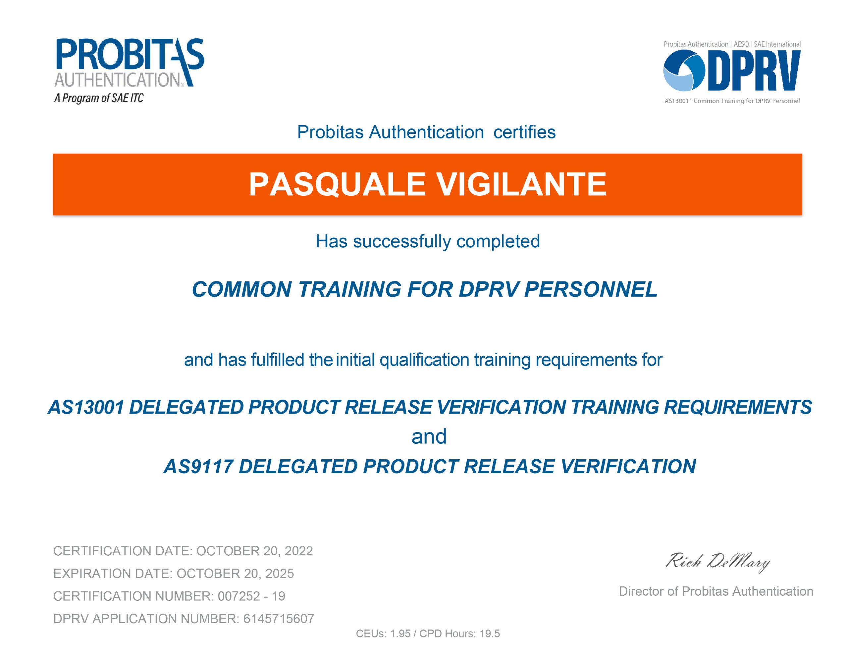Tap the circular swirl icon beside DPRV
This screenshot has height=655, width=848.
tap(684, 71)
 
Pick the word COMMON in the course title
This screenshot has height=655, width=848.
tap(241, 289)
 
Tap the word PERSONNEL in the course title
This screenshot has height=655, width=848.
tap(591, 289)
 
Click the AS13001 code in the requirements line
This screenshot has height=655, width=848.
tap(85, 407)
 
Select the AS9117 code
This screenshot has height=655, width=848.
tap(198, 466)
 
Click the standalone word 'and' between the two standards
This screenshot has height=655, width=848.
tap(429, 436)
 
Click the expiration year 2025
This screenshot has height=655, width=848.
tap(280, 574)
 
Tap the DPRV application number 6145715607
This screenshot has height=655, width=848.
tap(279, 619)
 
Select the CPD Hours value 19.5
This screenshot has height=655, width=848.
tap(490, 634)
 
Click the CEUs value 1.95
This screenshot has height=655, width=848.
tap(400, 634)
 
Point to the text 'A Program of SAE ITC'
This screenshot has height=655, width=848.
tap(99, 98)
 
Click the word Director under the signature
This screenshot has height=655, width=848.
tap(641, 591)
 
